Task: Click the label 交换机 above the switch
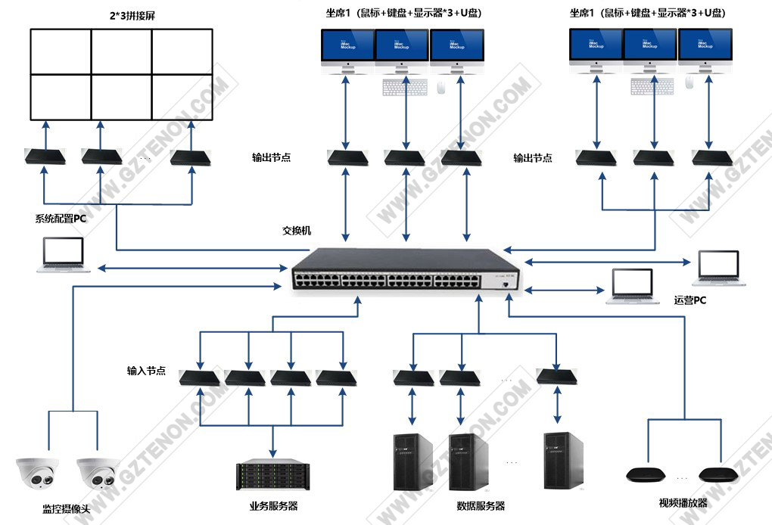coord(297,231)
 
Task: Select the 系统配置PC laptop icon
coord(63,255)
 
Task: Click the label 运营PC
coord(690,300)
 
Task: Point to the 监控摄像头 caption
coord(66,509)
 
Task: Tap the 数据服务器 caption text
coord(481,506)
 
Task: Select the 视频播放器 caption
coord(683,503)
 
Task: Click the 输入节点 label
coord(146,371)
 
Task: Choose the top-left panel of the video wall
coord(61,51)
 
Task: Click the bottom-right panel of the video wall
coord(182,96)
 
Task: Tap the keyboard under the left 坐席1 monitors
coord(404,88)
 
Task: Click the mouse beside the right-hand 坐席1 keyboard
coord(689,82)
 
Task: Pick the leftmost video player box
coord(646,475)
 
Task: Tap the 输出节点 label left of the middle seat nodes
coord(271,158)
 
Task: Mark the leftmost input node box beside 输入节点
coord(199,377)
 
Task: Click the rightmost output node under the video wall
coord(188,157)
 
